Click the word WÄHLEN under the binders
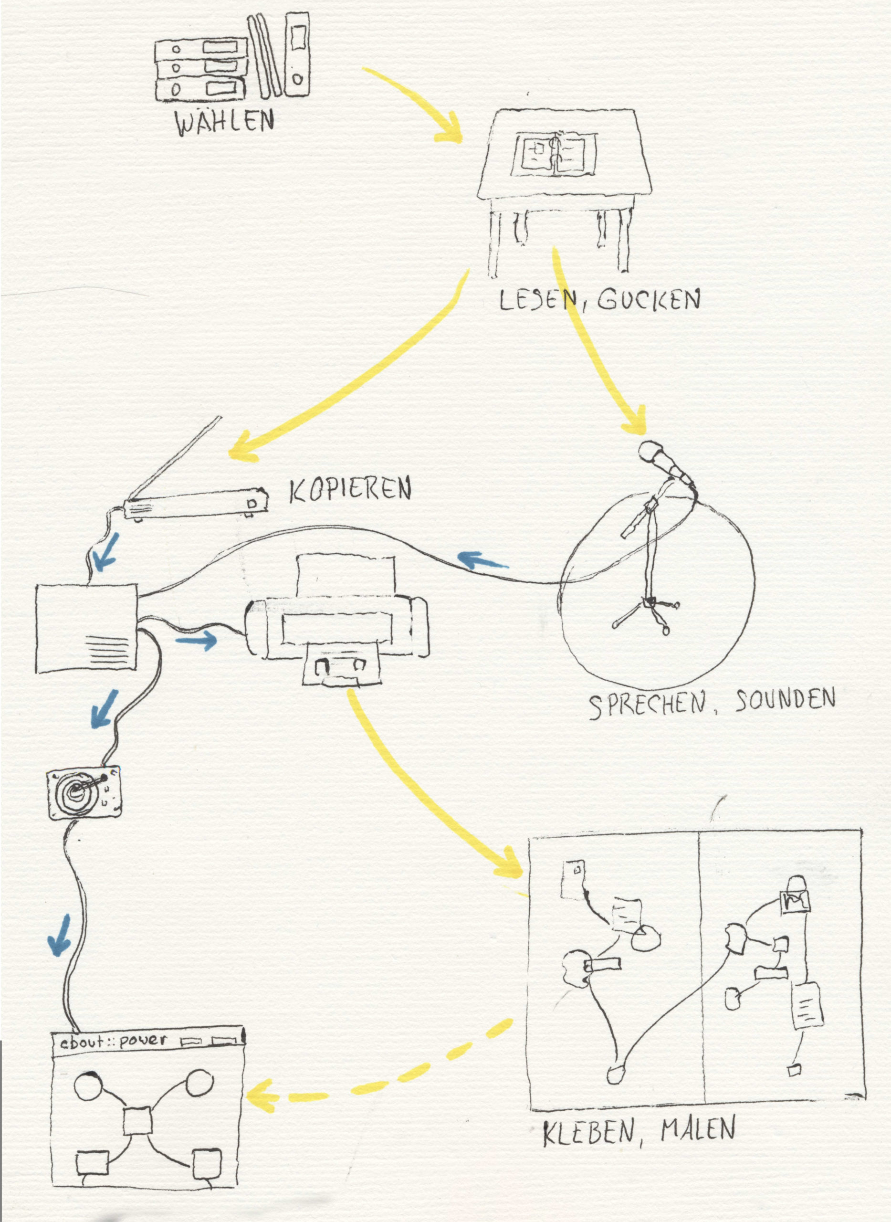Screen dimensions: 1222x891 pyautogui.click(x=225, y=123)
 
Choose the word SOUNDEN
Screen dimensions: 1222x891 pyautogui.click(x=785, y=700)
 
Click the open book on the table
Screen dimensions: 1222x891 pyautogui.click(x=556, y=155)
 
